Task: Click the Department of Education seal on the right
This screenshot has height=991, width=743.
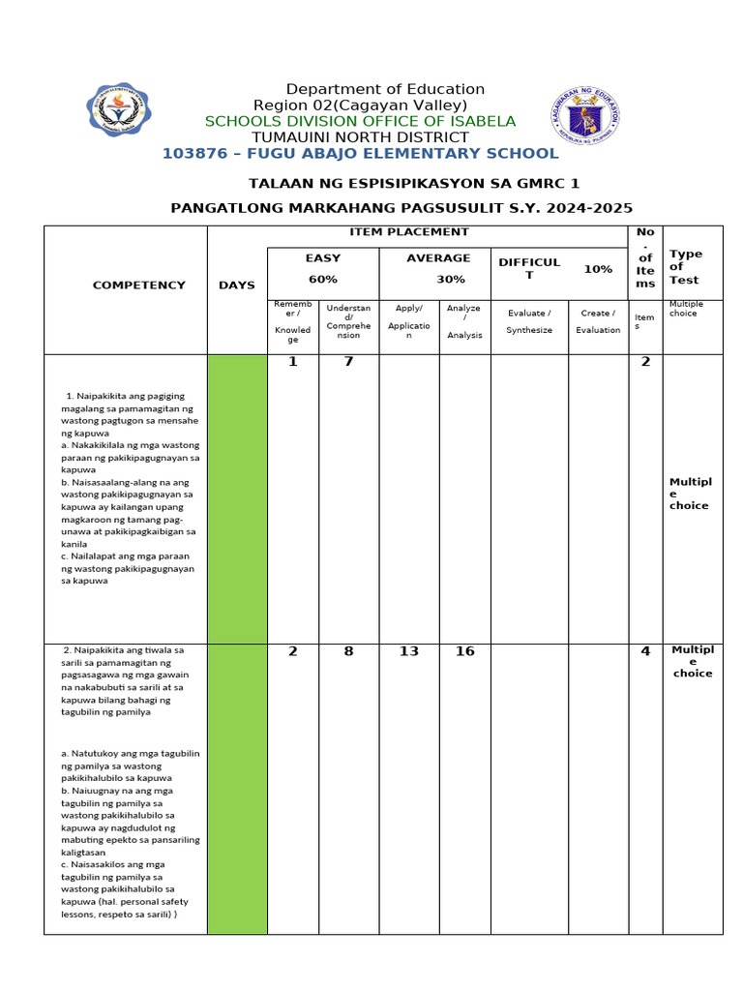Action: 585,119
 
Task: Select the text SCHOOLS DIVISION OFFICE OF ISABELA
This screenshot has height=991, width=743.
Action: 360,121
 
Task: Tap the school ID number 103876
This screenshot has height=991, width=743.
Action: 193,154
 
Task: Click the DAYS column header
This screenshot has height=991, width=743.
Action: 237,285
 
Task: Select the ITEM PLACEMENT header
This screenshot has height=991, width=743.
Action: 409,232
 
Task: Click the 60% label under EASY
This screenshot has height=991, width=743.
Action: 322,280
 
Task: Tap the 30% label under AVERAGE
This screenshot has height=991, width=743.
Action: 450,280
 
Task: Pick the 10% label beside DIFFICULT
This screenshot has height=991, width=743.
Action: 597,269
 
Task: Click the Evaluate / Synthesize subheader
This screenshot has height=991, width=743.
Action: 529,321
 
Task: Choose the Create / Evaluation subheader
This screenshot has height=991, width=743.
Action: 598,321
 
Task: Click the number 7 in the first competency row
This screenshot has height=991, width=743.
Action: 348,363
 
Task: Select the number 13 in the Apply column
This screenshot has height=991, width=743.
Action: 409,651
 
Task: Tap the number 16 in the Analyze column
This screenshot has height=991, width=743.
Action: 464,651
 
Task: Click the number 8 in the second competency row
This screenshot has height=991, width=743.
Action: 348,651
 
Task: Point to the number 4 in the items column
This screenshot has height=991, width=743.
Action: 645,651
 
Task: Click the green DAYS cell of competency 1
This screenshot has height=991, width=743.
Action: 237,498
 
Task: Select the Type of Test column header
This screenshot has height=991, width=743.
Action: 686,267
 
